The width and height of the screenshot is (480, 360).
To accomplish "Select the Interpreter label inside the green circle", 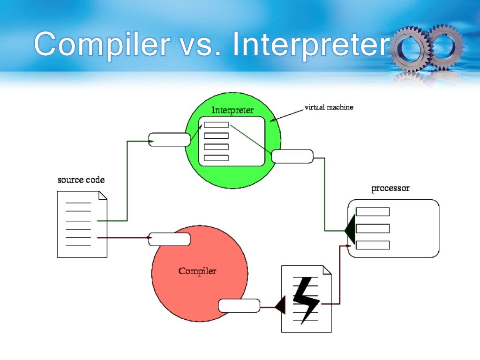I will [232, 110].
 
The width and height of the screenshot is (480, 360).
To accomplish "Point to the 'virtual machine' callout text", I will [329, 107].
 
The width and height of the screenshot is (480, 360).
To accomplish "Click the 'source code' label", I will [81, 180].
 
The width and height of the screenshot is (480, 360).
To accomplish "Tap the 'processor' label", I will [390, 188].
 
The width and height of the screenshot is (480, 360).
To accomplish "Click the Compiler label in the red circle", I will [197, 271].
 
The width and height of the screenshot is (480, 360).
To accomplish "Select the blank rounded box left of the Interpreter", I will [169, 139].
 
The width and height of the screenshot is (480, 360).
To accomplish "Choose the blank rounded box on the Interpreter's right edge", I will [292, 156].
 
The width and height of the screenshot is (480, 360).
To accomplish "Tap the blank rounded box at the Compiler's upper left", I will [169, 239].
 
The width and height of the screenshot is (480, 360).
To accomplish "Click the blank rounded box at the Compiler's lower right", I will [239, 306].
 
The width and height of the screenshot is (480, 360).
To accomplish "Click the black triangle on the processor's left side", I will [350, 230].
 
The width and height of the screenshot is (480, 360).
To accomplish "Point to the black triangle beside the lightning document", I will [280, 306].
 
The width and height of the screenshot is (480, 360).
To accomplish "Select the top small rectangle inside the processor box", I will [373, 211].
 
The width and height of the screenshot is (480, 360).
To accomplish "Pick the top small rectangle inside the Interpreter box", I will [216, 125].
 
